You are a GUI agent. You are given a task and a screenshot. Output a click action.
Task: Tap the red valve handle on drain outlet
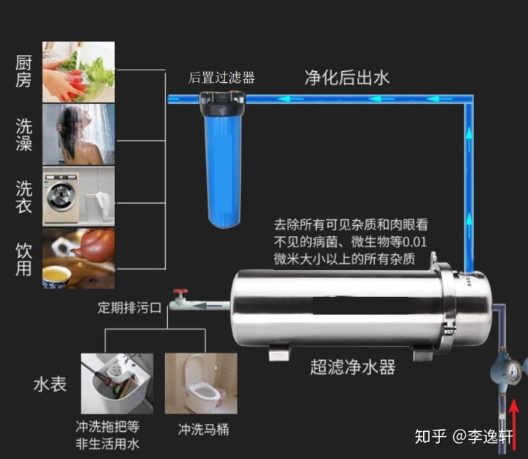(180, 291)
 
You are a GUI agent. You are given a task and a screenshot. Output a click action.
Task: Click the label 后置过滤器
(221, 78)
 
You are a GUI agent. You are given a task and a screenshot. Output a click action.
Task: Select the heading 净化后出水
(347, 78)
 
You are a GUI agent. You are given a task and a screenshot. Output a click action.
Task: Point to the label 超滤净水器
(353, 367)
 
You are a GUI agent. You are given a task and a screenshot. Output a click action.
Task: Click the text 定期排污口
(130, 307)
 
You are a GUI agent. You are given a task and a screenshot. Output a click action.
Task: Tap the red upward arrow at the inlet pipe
(513, 425)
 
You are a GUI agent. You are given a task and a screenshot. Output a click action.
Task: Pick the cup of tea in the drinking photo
(56, 277)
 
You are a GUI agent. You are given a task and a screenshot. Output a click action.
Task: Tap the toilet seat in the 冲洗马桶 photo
(204, 392)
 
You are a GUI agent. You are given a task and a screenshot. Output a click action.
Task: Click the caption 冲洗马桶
(203, 430)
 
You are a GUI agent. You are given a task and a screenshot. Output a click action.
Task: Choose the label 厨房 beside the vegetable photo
(23, 71)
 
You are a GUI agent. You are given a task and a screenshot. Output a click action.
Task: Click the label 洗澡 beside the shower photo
(23, 134)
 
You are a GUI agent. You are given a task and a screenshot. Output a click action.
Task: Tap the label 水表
(50, 384)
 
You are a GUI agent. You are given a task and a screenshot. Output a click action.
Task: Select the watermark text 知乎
(430, 437)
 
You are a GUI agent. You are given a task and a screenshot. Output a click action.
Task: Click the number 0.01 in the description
(414, 242)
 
